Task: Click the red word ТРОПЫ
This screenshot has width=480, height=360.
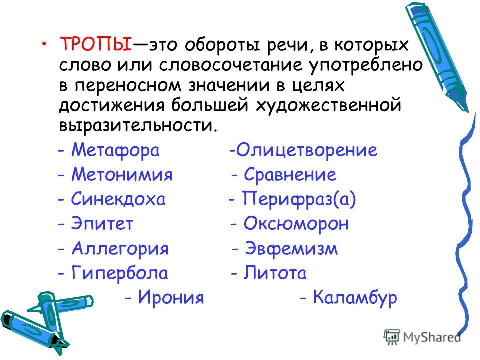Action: click(96, 44)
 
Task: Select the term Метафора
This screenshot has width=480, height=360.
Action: click(115, 150)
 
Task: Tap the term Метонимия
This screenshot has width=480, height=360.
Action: click(122, 174)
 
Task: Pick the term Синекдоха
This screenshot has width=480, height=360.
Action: click(118, 199)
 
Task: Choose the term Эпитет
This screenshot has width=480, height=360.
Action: click(102, 223)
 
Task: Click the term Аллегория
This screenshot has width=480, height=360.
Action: click(120, 249)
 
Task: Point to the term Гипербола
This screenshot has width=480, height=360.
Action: click(120, 273)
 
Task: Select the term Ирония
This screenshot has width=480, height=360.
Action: click(171, 297)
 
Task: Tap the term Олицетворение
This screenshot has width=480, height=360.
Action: click(307, 151)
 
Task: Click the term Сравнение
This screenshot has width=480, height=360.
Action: click(290, 175)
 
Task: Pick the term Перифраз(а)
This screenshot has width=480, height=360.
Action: click(299, 199)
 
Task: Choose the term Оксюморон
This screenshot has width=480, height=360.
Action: click(296, 224)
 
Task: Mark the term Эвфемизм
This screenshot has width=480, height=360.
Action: click(291, 249)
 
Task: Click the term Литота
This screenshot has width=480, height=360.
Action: click(275, 273)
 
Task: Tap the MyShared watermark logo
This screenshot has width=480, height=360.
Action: click(422, 337)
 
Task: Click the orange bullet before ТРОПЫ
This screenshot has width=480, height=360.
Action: click(45, 42)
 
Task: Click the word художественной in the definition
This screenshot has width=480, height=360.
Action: click(328, 105)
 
